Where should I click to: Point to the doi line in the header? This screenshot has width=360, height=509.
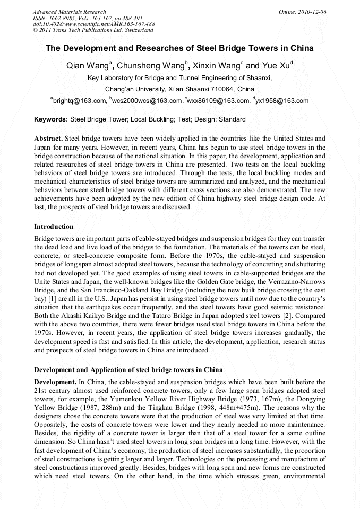pos(93,24)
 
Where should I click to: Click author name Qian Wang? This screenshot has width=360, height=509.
pos(87,66)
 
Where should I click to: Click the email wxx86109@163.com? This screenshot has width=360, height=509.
pos(219,101)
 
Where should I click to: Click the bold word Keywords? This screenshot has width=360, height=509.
pos(51,119)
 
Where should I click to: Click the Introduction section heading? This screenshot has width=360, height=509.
pos(54,227)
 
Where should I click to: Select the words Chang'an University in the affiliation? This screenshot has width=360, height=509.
pos(135,89)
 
